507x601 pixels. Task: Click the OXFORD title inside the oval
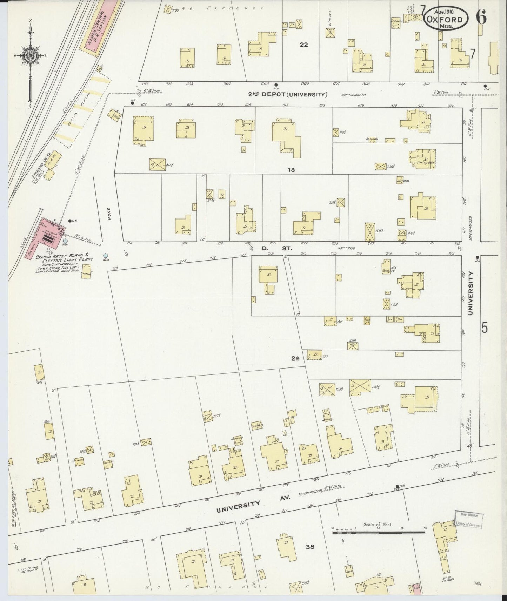pyautogui.click(x=446, y=20)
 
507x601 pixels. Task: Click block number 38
pyautogui.click(x=309, y=546)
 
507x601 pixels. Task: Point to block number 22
pyautogui.click(x=303, y=45)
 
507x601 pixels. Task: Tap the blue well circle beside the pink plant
pyautogui.click(x=65, y=241)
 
